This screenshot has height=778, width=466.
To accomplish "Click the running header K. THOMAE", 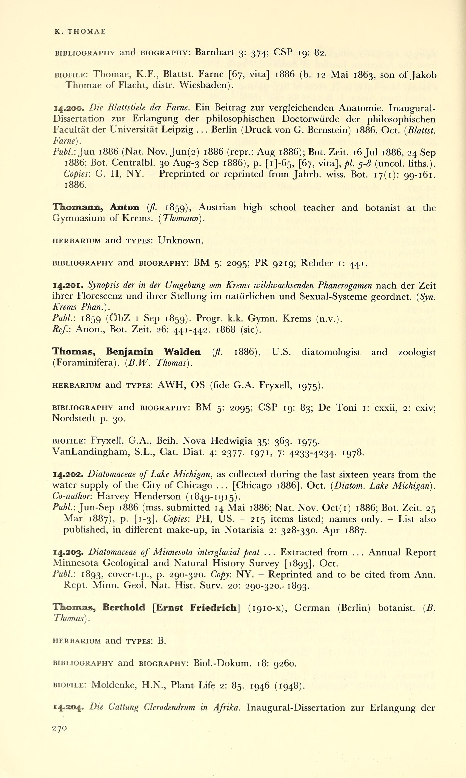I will (x=80, y=31).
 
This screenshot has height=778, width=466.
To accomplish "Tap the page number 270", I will (x=59, y=728).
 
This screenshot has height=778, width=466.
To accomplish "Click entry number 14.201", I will (x=68, y=285).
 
